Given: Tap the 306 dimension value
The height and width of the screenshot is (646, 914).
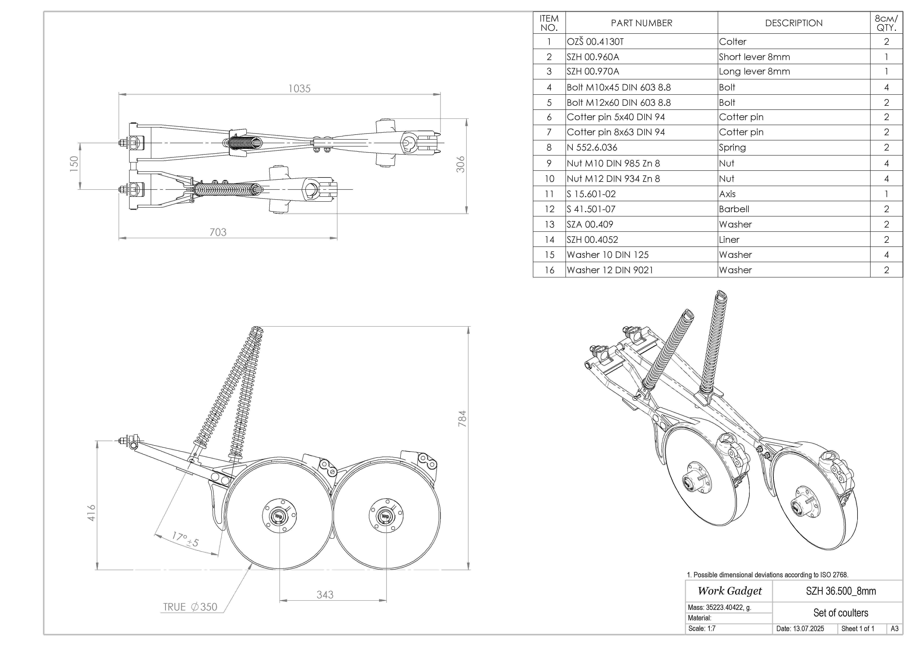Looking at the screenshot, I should coord(461,164).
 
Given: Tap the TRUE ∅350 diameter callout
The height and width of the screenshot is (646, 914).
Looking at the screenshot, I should coord(190,607).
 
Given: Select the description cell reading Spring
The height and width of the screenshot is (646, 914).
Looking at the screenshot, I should coord(732,148).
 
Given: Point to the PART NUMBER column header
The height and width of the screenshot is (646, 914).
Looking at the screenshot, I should coord(641,23).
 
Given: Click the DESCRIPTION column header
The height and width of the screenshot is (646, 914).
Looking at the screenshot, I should coord(794,23).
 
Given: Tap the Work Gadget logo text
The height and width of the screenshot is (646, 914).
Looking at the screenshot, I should coord(730,591).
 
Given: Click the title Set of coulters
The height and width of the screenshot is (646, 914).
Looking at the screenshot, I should coord(841,613).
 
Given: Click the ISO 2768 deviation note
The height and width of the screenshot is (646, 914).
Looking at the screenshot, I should coord(768,575).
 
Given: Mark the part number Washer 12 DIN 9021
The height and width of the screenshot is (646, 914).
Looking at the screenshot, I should coord(610,270).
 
